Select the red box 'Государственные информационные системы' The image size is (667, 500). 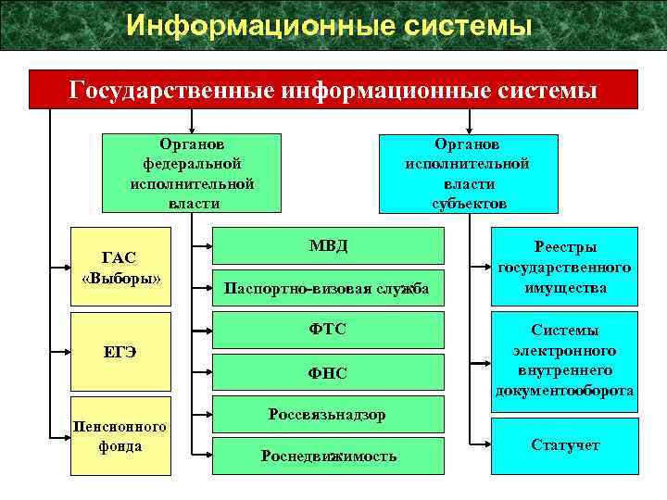(333, 91)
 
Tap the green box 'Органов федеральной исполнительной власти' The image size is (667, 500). (192, 174)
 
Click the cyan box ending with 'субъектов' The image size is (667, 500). (469, 174)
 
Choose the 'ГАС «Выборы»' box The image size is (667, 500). (121, 267)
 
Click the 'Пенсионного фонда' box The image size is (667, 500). (121, 436)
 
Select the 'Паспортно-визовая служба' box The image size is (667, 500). (329, 290)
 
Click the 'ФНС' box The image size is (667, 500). (329, 373)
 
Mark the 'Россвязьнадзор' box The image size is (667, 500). (329, 415)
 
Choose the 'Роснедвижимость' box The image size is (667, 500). (329, 456)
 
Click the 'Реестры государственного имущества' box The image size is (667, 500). (564, 267)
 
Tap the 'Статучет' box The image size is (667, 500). (564, 445)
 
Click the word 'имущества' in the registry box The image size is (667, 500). (564, 288)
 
